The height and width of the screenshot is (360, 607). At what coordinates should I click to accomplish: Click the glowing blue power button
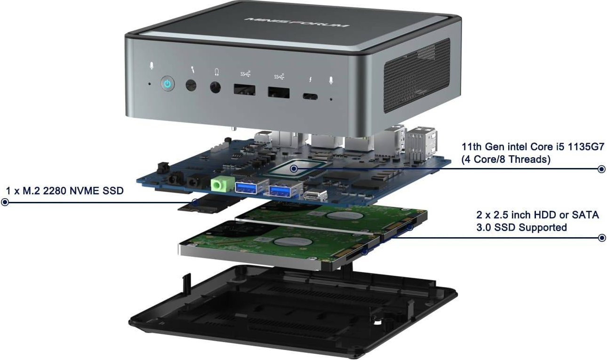click(167, 84)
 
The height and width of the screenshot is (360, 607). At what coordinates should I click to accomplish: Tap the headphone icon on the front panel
click(216, 72)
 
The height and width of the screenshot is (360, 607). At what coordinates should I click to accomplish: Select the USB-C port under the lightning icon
click(310, 97)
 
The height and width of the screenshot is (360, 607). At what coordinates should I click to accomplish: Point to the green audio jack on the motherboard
click(217, 184)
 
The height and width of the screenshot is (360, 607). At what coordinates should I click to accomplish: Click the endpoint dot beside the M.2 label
click(5, 202)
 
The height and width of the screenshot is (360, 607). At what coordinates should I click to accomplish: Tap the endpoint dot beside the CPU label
click(601, 169)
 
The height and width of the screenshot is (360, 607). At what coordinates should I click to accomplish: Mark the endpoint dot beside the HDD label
click(601, 238)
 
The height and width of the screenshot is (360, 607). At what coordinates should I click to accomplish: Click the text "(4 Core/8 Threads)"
click(505, 160)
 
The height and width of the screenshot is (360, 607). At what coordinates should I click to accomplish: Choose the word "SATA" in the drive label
click(585, 215)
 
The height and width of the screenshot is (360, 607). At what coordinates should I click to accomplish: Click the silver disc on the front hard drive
click(288, 242)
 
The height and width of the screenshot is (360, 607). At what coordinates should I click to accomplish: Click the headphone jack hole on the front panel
click(216, 88)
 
